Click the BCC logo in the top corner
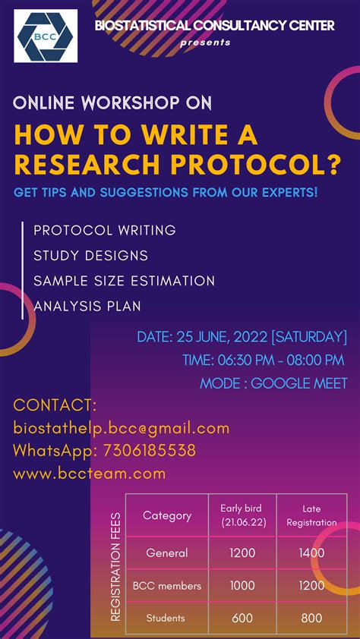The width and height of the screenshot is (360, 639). tap(46, 36)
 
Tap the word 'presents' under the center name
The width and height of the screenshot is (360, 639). tap(205, 42)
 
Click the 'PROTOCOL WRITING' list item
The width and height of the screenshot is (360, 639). tap(105, 230)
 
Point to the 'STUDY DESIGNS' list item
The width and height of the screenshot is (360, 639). tap(90, 256)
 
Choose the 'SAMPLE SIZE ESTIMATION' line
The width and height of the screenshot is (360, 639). tap(124, 281)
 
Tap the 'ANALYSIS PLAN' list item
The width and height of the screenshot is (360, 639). tap(87, 307)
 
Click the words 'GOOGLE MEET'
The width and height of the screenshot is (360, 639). tap(299, 383)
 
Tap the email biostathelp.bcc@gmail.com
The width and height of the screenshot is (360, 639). tap(122, 428)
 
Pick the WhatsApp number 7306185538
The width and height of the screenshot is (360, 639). tap(147, 451)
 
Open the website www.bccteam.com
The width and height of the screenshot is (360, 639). tap(89, 474)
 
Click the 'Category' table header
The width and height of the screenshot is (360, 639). tap(167, 516)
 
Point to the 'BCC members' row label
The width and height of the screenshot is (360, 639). tap(167, 586)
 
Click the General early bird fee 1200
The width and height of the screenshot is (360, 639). tap(242, 553)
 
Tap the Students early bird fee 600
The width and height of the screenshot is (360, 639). tap(242, 618)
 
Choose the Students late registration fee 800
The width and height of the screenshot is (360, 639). tap(311, 618)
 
